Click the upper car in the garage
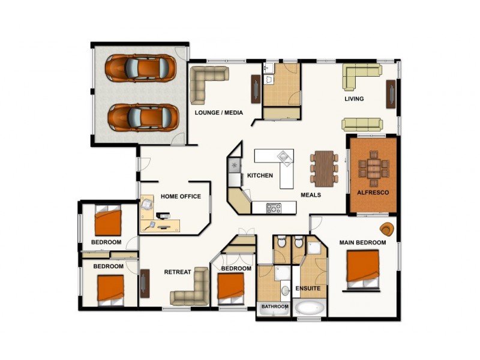point(141,68)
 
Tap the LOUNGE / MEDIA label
point(218,113)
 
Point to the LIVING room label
point(354,99)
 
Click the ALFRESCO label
point(373,193)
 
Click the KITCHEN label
point(260,176)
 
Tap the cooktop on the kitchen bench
point(274,208)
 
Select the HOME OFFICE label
point(181,197)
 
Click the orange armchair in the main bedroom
point(388,229)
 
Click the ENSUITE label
point(308,289)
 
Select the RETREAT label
point(178,272)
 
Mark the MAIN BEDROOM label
point(362,242)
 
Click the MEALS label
point(311,195)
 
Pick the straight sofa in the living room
point(362,124)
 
